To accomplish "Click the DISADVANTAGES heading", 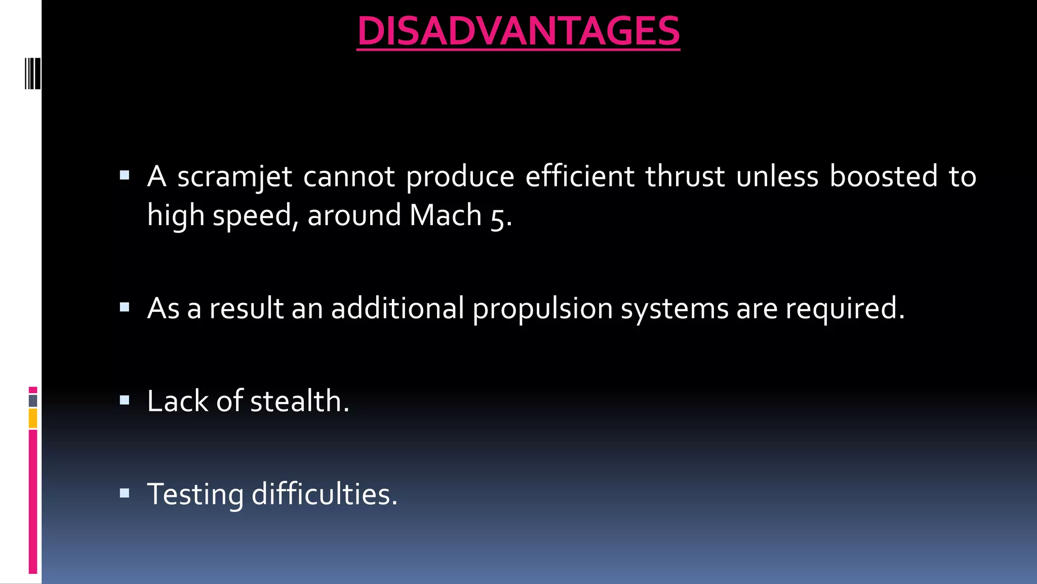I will click(x=518, y=31).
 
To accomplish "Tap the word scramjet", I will click(x=234, y=177).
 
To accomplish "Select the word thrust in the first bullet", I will click(x=685, y=177).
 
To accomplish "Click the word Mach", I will click(x=445, y=215).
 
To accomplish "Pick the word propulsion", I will click(x=542, y=309).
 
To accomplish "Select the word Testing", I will click(x=195, y=494).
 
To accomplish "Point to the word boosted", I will click(x=883, y=177).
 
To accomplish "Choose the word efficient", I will click(x=579, y=177).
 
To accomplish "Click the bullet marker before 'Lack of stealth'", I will click(x=125, y=400).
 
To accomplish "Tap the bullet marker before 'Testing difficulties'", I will click(x=125, y=493).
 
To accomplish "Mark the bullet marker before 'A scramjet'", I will click(x=125, y=176).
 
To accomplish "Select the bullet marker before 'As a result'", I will click(x=125, y=307).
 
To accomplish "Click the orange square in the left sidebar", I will click(x=33, y=419).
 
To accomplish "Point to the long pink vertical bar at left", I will click(x=33, y=501).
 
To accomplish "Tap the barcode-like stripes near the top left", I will click(x=33, y=74).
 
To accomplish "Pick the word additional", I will click(x=397, y=309).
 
